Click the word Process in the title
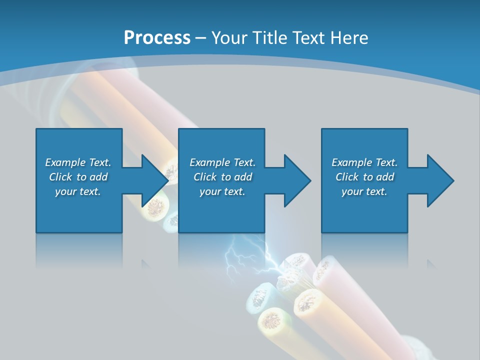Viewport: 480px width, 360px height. tap(157, 38)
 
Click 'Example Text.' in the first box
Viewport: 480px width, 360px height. tap(78, 162)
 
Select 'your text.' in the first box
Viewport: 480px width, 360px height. tap(78, 191)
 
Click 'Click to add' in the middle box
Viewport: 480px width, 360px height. tap(222, 177)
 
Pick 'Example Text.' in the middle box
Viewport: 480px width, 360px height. tap(222, 162)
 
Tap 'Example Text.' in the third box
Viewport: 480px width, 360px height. tap(364, 162)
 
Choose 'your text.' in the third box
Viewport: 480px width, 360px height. tap(364, 191)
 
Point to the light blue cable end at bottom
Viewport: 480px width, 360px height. tap(258, 298)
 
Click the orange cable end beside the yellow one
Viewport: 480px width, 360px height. tap(308, 302)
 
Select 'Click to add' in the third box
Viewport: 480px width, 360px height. tap(364, 177)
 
